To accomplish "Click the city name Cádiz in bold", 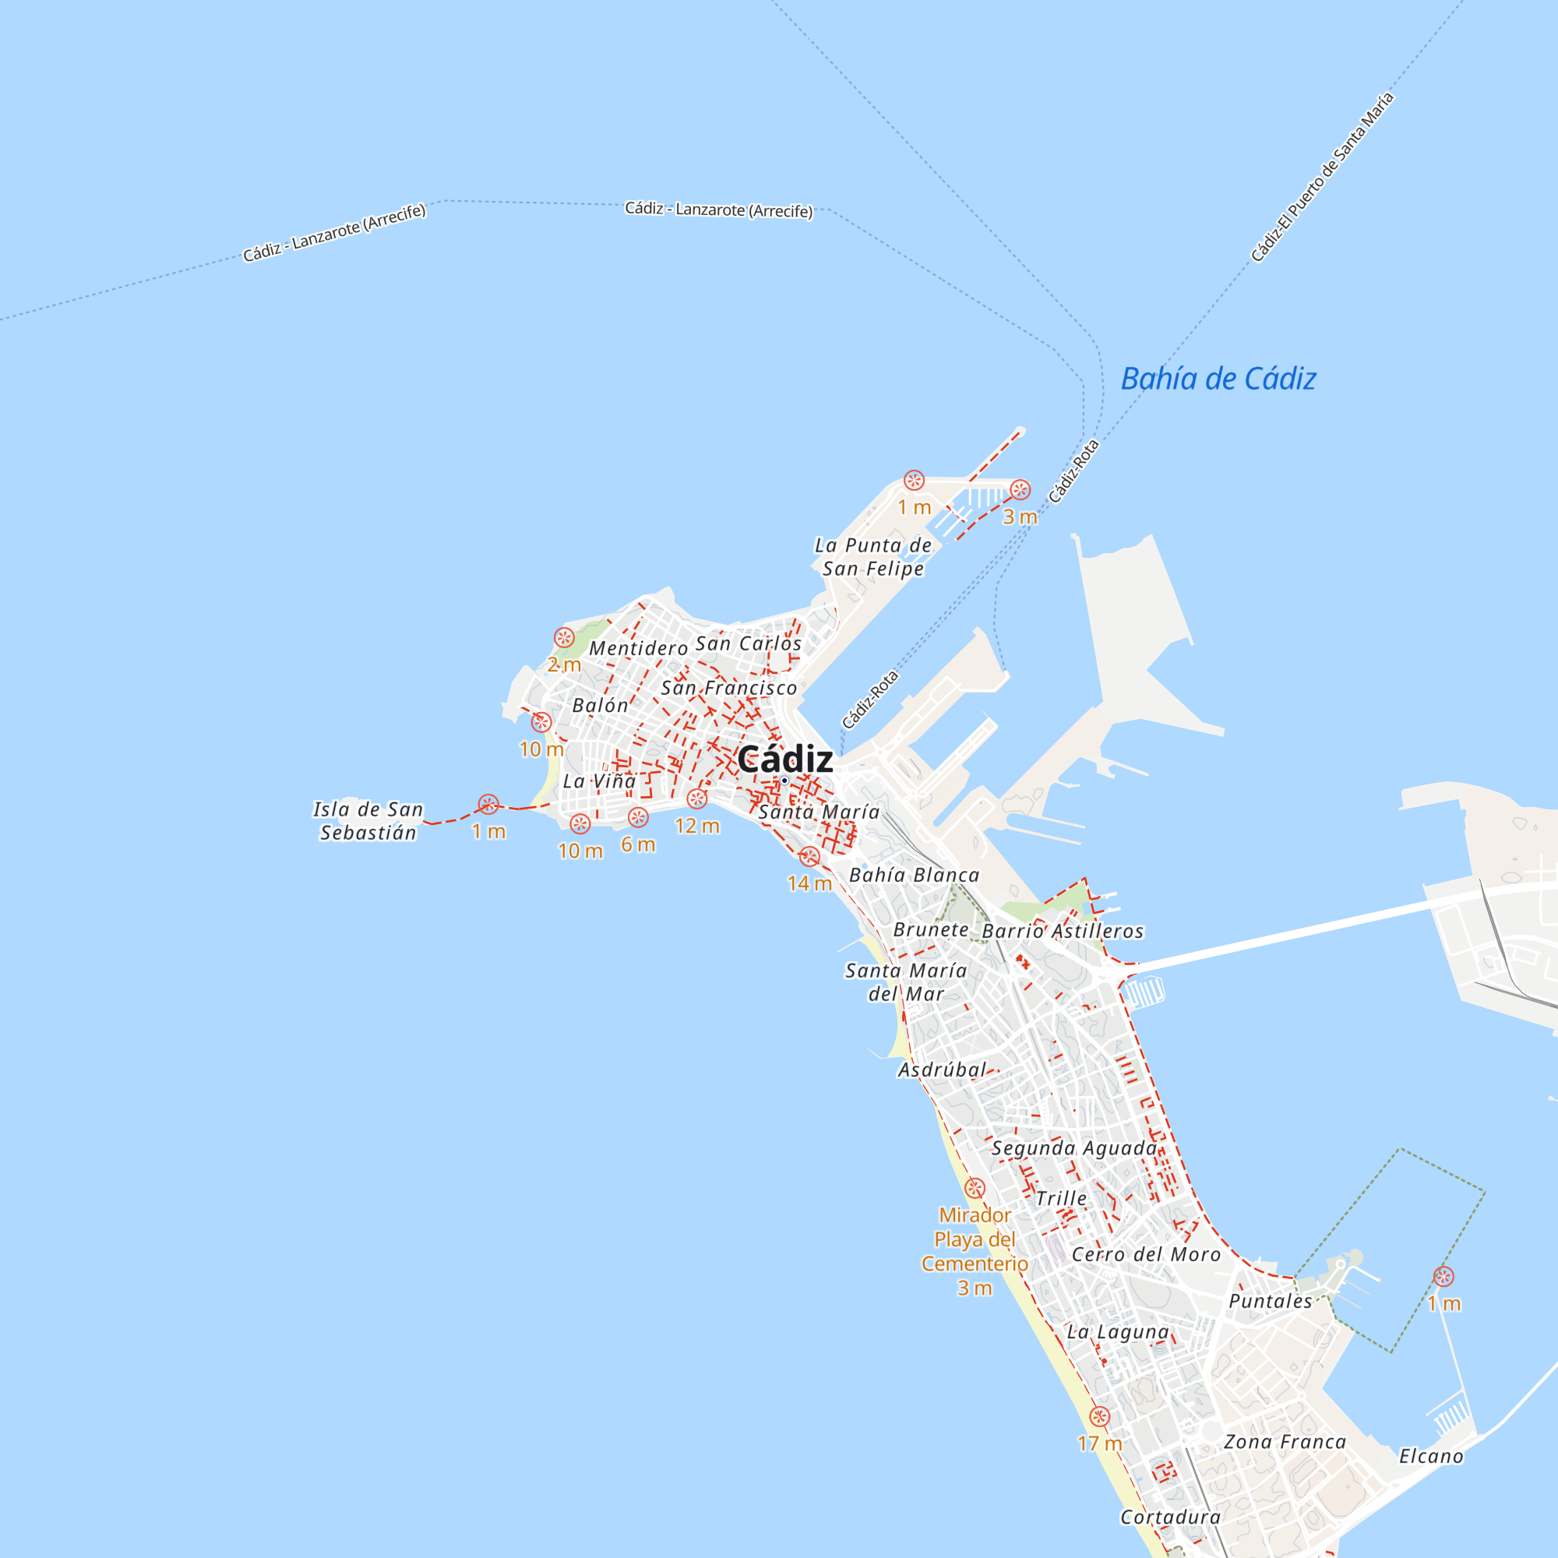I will (784, 760).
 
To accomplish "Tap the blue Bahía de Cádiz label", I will (1218, 379).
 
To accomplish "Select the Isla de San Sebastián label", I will (368, 821).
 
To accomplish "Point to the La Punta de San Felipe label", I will (872, 556).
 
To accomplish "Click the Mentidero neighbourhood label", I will (638, 648).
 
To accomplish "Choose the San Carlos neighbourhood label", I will (749, 643).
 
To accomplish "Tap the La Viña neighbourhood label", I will (599, 781).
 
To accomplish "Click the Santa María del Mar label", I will (906, 982).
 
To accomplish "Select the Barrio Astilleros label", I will (1062, 931).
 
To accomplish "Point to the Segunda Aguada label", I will (1074, 1148).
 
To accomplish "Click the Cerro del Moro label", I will (1146, 1255).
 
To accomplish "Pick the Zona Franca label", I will (1285, 1442).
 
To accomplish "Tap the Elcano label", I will (1430, 1457).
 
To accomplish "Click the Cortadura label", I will (1170, 1517).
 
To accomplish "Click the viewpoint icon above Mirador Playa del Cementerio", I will (975, 1188).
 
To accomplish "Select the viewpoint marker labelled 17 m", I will (1099, 1417).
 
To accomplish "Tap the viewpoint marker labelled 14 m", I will (809, 857).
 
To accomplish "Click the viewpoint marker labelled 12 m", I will (696, 799).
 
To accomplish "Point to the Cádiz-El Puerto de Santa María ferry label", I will (1322, 178).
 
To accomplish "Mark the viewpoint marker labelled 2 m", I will (565, 638).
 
